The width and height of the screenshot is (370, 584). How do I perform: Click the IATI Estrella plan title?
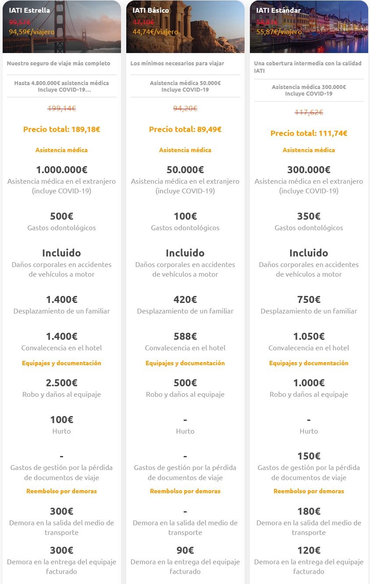tap(29, 10)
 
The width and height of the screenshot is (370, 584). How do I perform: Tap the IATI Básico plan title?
tap(151, 10)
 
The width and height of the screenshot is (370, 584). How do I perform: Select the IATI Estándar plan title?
tap(278, 10)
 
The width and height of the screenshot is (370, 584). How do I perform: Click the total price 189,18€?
tap(61, 129)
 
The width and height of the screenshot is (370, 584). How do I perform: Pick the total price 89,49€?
tap(185, 129)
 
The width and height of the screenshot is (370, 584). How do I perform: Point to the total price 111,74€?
tap(309, 133)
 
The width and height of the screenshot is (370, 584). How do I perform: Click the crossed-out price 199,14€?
tap(61, 108)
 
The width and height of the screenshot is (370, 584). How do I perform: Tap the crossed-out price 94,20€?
tap(185, 108)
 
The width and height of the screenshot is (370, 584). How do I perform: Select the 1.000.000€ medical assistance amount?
tap(61, 170)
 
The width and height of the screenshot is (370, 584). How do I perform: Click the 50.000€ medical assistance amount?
tap(185, 170)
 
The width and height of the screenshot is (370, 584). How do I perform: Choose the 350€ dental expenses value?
tap(309, 216)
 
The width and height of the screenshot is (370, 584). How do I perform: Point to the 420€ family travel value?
tap(185, 299)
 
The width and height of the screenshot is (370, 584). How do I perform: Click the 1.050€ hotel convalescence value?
tap(309, 336)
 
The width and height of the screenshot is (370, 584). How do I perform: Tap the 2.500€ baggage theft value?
tap(61, 383)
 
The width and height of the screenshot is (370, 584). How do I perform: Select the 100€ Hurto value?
tap(61, 420)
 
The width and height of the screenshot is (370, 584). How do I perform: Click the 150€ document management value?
tap(309, 456)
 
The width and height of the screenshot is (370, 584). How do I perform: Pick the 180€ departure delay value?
tap(309, 511)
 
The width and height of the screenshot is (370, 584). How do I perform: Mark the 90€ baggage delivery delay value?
tap(185, 550)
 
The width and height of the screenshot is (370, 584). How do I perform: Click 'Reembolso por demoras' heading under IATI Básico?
tap(185, 491)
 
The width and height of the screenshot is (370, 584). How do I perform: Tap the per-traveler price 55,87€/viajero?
tap(279, 32)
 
